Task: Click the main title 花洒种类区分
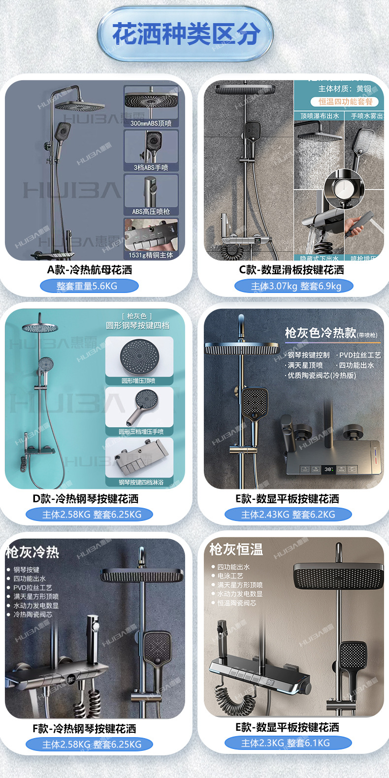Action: pyautogui.click(x=186, y=34)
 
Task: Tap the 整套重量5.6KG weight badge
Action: pyautogui.click(x=89, y=286)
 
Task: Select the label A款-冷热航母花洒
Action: pyautogui.click(x=90, y=270)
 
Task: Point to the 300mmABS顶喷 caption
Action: pyautogui.click(x=151, y=123)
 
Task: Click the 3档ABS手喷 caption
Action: pyautogui.click(x=151, y=167)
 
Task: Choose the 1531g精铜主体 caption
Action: pyautogui.click(x=151, y=255)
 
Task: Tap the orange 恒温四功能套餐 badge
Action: pyautogui.click(x=345, y=102)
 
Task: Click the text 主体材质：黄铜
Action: pyautogui.click(x=345, y=89)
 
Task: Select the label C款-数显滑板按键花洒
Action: pyautogui.click(x=292, y=270)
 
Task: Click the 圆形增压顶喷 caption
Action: pyautogui.click(x=138, y=381)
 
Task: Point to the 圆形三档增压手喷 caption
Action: pyautogui.click(x=140, y=432)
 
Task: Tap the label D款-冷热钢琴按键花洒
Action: pyautogui.click(x=86, y=499)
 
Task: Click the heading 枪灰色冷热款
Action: pyautogui.click(x=321, y=333)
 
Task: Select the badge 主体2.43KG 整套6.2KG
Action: pyautogui.click(x=288, y=515)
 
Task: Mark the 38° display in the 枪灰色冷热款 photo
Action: pyautogui.click(x=328, y=469)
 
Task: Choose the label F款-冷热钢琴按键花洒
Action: pyautogui.click(x=84, y=729)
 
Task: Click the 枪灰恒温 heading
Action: pyautogui.click(x=236, y=549)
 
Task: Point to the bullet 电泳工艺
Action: pyautogui.click(x=230, y=576)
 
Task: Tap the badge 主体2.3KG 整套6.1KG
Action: pyautogui.click(x=286, y=743)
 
